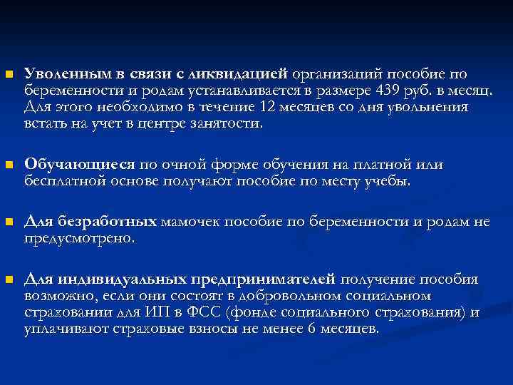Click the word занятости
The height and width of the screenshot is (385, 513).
point(227,123)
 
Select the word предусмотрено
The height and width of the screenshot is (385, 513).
point(79,239)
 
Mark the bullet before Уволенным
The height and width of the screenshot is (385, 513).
point(7,74)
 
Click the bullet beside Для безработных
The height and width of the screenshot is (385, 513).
point(7,222)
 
